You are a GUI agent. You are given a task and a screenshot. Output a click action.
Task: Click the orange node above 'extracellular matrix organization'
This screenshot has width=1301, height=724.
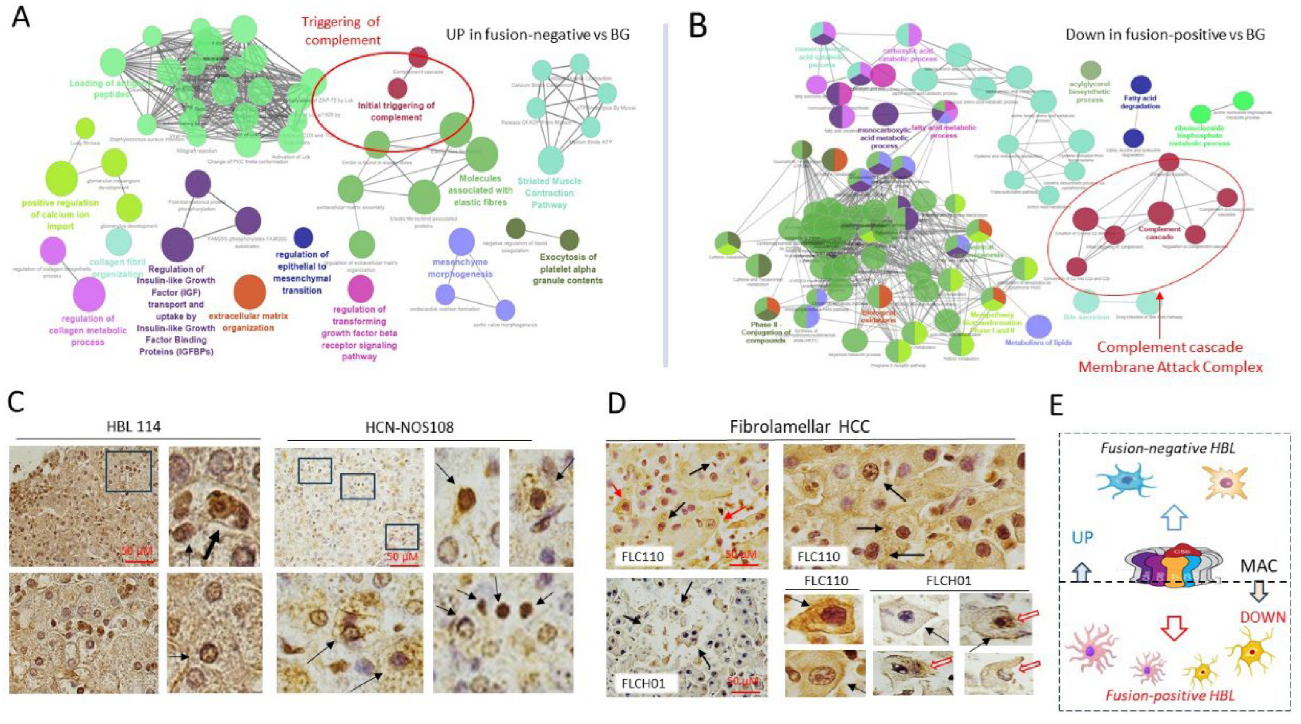point(249,292)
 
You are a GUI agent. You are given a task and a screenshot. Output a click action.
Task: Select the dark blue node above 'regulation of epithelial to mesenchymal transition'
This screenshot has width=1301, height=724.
point(303,237)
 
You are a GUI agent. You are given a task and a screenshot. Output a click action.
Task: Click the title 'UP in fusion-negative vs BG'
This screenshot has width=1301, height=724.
point(538,35)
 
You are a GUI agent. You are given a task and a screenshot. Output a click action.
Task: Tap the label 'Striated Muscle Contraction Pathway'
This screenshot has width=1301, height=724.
point(549,193)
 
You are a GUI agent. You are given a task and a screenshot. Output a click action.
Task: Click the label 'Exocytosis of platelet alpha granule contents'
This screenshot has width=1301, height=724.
point(568,268)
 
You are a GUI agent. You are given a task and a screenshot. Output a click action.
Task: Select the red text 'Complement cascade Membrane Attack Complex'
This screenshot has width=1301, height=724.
point(1169,357)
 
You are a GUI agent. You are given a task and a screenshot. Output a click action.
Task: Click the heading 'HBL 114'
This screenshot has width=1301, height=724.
point(133,427)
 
